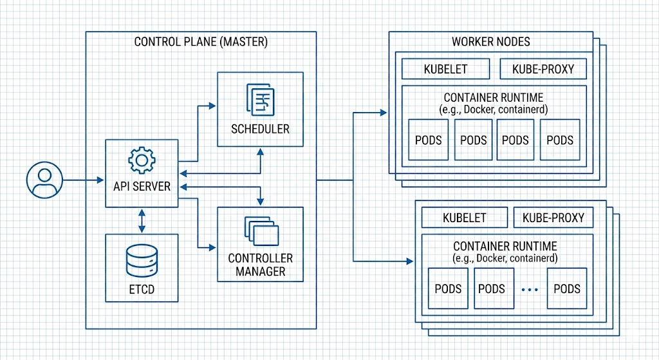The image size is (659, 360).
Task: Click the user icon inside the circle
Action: [x=44, y=180]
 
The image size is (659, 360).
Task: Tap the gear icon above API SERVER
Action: [x=142, y=160]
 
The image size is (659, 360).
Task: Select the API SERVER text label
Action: [x=142, y=186]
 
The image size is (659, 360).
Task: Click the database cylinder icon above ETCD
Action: [x=142, y=262]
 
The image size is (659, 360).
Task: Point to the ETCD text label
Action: [x=142, y=289]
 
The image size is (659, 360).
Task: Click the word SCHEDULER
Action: [x=260, y=128]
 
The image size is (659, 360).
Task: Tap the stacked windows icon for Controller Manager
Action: [x=261, y=231]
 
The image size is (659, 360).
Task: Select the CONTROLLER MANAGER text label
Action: [x=260, y=265]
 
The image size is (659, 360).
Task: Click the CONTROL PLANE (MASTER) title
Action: [x=201, y=42]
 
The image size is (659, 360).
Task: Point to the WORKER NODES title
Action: [x=490, y=42]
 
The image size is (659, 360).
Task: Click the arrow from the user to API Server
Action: [x=84, y=180]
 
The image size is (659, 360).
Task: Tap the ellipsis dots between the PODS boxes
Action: [x=529, y=290]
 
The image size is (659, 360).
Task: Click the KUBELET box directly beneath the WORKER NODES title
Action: [x=445, y=69]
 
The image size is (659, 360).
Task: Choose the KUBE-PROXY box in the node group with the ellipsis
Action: [x=553, y=218]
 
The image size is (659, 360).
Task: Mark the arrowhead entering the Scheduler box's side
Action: [x=213, y=103]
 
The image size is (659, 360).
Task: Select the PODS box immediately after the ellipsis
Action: [x=567, y=289]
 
